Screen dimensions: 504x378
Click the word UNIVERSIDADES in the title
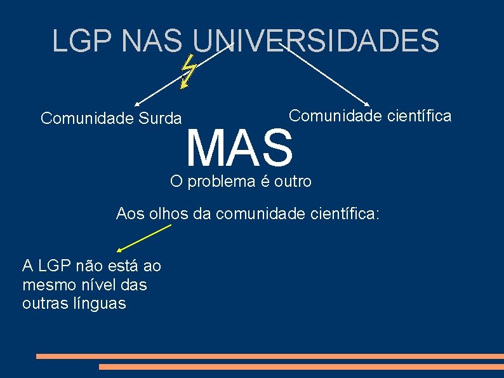(315, 40)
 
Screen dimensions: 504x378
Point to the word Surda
(159, 118)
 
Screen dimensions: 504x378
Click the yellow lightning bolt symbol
(188, 71)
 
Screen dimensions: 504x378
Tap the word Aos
(130, 214)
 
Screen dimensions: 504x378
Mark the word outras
(44, 304)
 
